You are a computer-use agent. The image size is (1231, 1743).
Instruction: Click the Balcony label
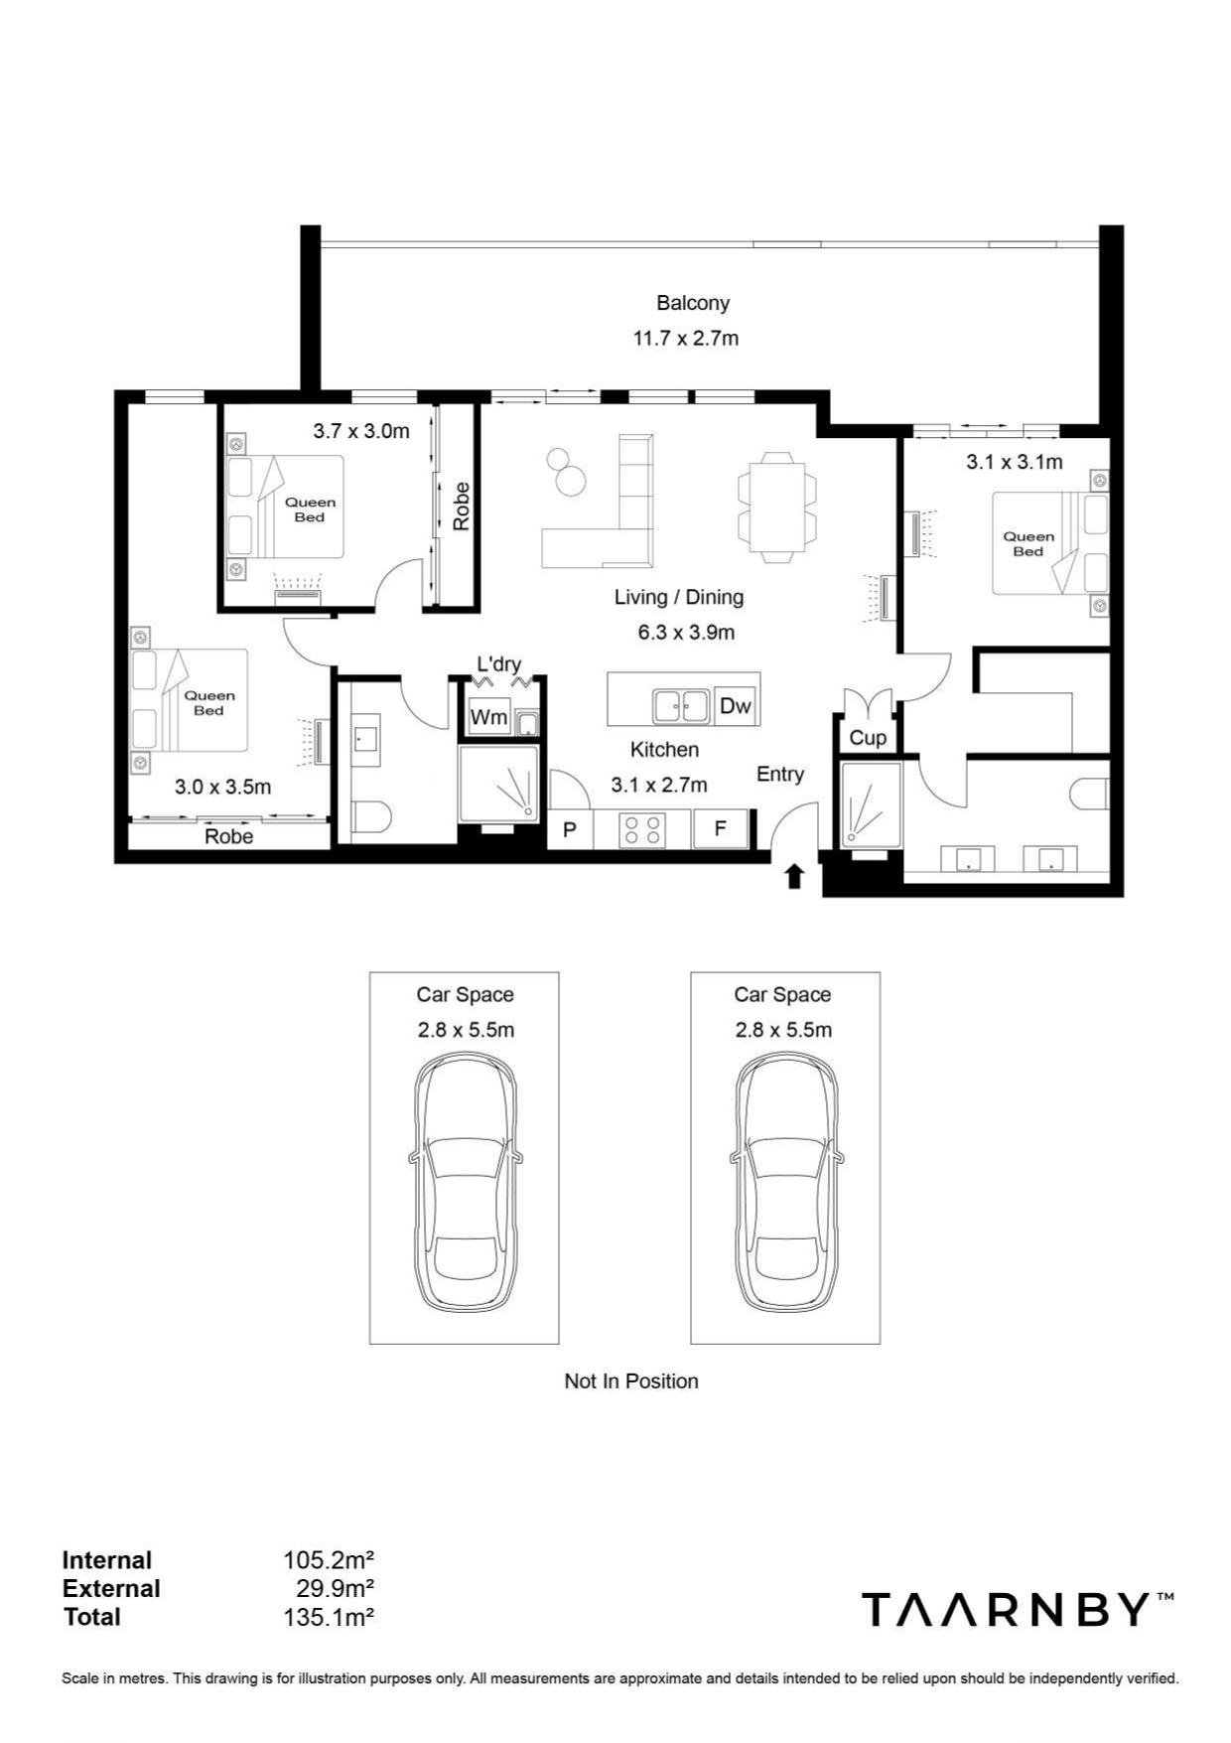tap(693, 303)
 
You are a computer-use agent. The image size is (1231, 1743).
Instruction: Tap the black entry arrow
tap(793, 876)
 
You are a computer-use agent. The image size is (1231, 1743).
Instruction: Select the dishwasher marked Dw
tap(736, 706)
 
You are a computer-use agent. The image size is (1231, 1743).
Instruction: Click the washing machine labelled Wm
tap(488, 716)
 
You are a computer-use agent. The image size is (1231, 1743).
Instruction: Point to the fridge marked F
tap(721, 828)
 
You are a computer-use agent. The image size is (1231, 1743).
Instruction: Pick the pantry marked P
tap(570, 829)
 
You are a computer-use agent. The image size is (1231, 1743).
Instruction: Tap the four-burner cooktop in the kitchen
tap(642, 829)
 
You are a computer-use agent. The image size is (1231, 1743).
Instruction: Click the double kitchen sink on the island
tap(681, 706)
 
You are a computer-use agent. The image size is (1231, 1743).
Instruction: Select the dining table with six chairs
tap(777, 507)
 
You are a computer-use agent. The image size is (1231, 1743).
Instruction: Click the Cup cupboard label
tap(868, 738)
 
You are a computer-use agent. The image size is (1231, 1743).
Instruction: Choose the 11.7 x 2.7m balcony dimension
tap(686, 339)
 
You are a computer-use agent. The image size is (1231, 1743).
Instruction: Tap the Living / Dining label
tap(679, 597)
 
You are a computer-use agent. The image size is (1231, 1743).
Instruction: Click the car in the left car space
tap(465, 1183)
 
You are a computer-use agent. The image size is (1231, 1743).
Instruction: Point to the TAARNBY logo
tap(1018, 1609)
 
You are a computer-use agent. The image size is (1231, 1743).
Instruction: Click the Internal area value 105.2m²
tap(329, 1560)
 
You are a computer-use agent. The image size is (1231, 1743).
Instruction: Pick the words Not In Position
tap(631, 1381)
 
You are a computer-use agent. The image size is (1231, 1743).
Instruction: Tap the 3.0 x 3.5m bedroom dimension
tap(222, 787)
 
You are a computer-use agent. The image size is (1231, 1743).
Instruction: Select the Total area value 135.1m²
tap(329, 1617)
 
